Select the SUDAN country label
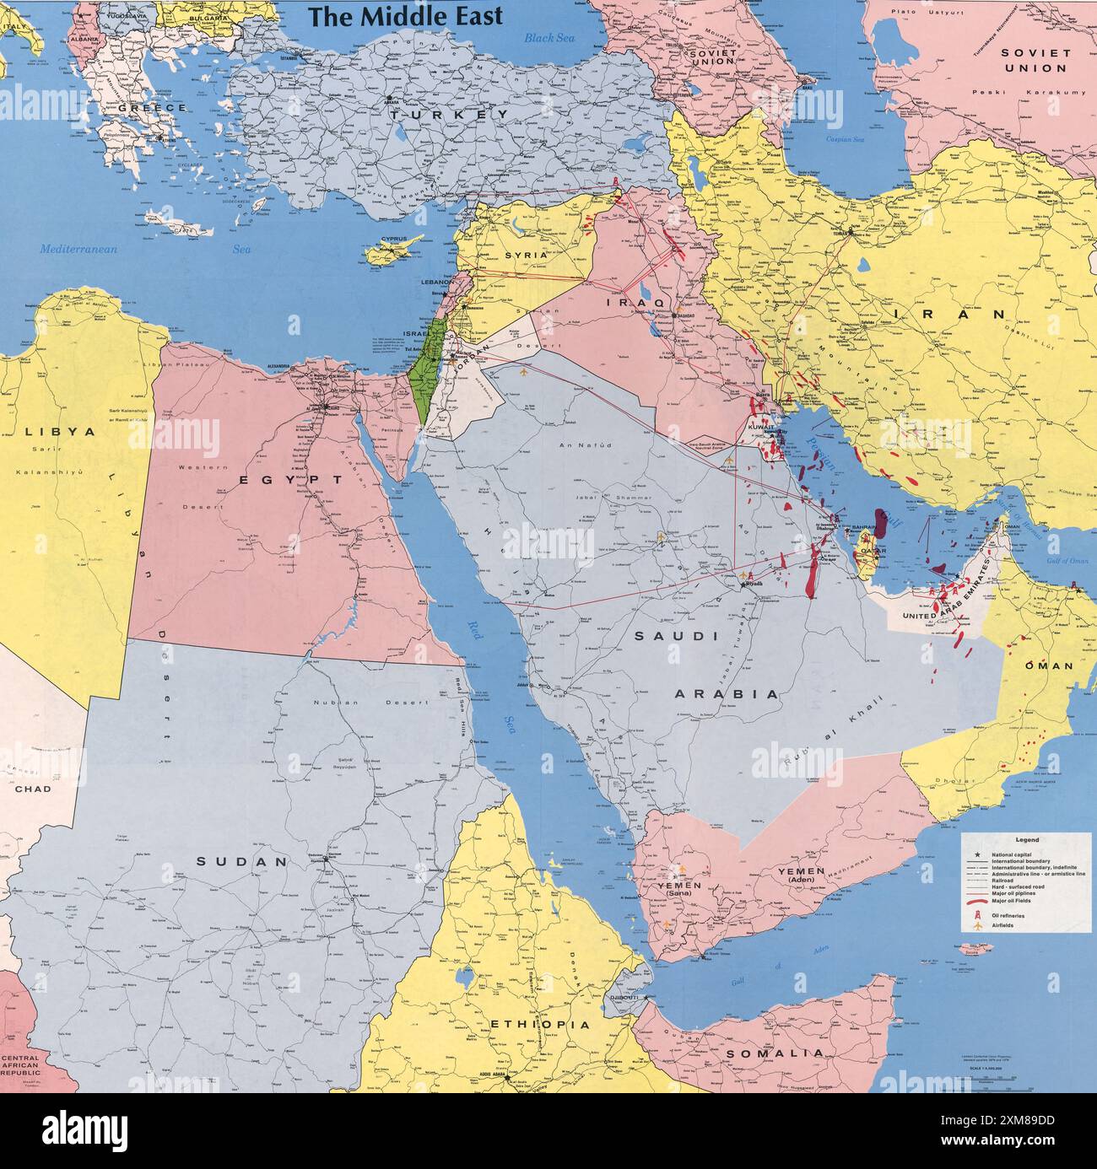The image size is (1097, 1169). pyautogui.click(x=242, y=862)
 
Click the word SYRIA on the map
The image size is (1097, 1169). pyautogui.click(x=527, y=254)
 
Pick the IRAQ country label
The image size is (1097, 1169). pyautogui.click(x=630, y=301)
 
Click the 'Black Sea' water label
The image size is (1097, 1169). pyautogui.click(x=548, y=38)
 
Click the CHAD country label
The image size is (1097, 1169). pyautogui.click(x=32, y=789)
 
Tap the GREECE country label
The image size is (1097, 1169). pyautogui.click(x=152, y=109)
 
